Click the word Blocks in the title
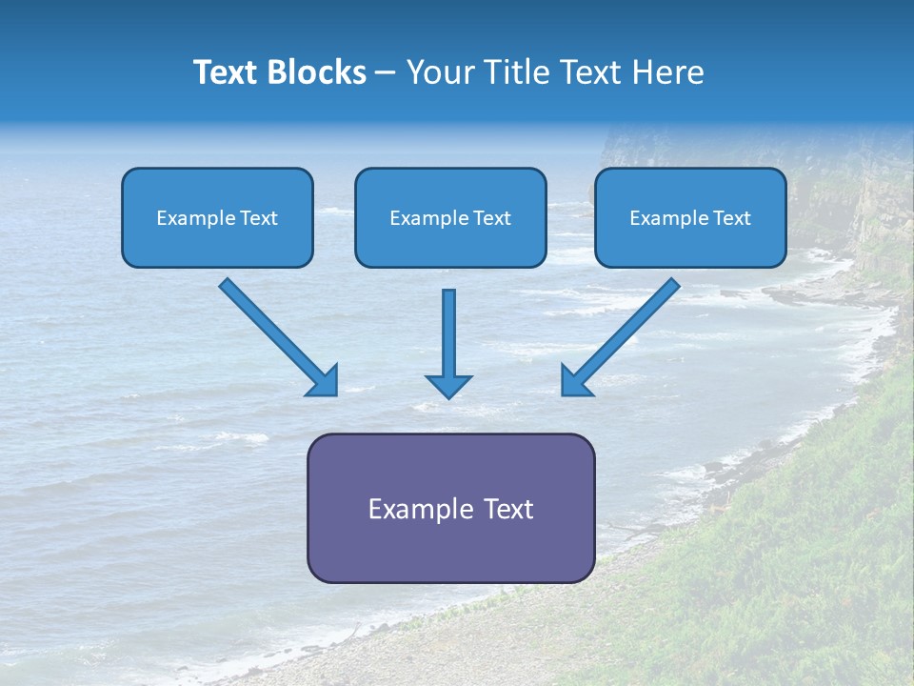click(316, 71)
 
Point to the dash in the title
click(385, 74)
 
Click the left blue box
click(217, 217)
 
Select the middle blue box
click(450, 217)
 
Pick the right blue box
click(691, 217)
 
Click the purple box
click(451, 508)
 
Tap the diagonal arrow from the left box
click(279, 337)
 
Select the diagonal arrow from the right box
click(620, 337)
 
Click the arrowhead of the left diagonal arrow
click(325, 383)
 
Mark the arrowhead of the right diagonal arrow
click(575, 383)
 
